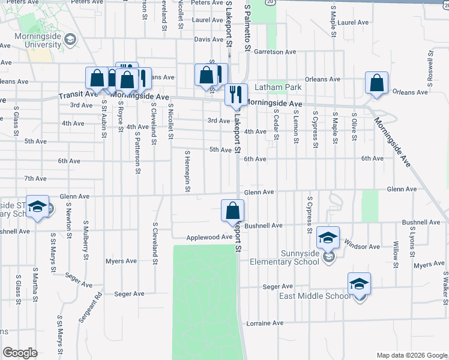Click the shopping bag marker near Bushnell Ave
(232, 211)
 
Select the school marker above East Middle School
(359, 283)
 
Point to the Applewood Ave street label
(209, 238)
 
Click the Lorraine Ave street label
(265, 323)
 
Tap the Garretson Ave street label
(275, 52)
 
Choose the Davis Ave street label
(208, 40)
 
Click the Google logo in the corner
(20, 353)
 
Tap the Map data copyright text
(412, 355)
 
